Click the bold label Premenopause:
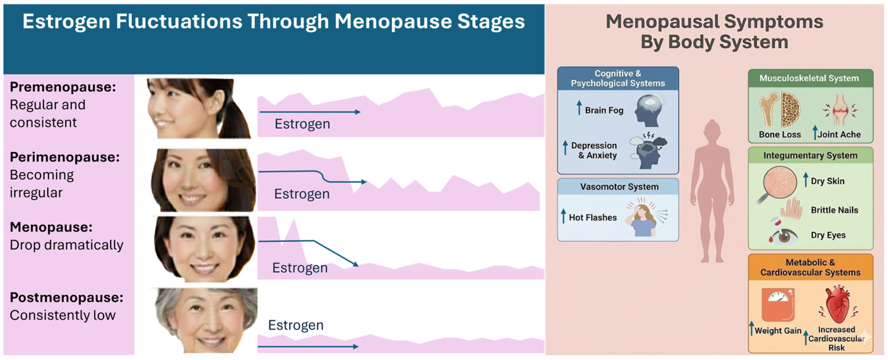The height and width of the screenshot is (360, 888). pyautogui.click(x=63, y=87)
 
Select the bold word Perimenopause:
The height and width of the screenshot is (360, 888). pyautogui.click(x=65, y=157)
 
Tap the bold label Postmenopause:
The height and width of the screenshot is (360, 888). pyautogui.click(x=66, y=297)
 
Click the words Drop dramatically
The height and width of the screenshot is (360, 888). pyautogui.click(x=66, y=245)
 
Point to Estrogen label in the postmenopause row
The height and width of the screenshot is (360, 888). pyautogui.click(x=296, y=325)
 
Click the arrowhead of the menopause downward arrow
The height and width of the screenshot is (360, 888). pyautogui.click(x=355, y=264)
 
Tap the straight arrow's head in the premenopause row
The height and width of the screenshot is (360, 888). pyautogui.click(x=358, y=112)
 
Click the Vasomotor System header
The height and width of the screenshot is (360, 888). pyautogui.click(x=619, y=187)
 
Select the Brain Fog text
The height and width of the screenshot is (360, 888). pyautogui.click(x=604, y=110)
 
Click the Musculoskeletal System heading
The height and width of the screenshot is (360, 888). pyautogui.click(x=809, y=78)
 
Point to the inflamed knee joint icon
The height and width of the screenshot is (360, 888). pyautogui.click(x=841, y=110)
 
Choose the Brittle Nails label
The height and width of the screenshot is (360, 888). pyautogui.click(x=834, y=210)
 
